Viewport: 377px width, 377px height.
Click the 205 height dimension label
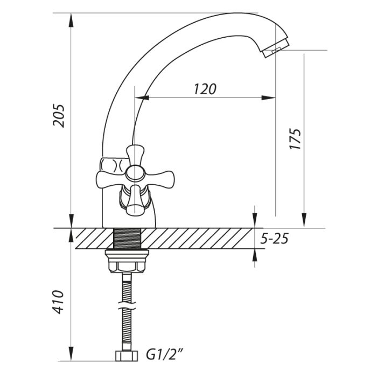[58, 116]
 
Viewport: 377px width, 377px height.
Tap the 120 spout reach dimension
[205, 89]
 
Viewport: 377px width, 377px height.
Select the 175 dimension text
[295, 139]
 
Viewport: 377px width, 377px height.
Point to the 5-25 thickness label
[274, 239]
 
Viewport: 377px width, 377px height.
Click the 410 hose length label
[58, 302]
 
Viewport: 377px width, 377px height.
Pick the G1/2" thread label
[165, 355]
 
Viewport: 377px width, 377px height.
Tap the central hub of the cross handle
[135, 173]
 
